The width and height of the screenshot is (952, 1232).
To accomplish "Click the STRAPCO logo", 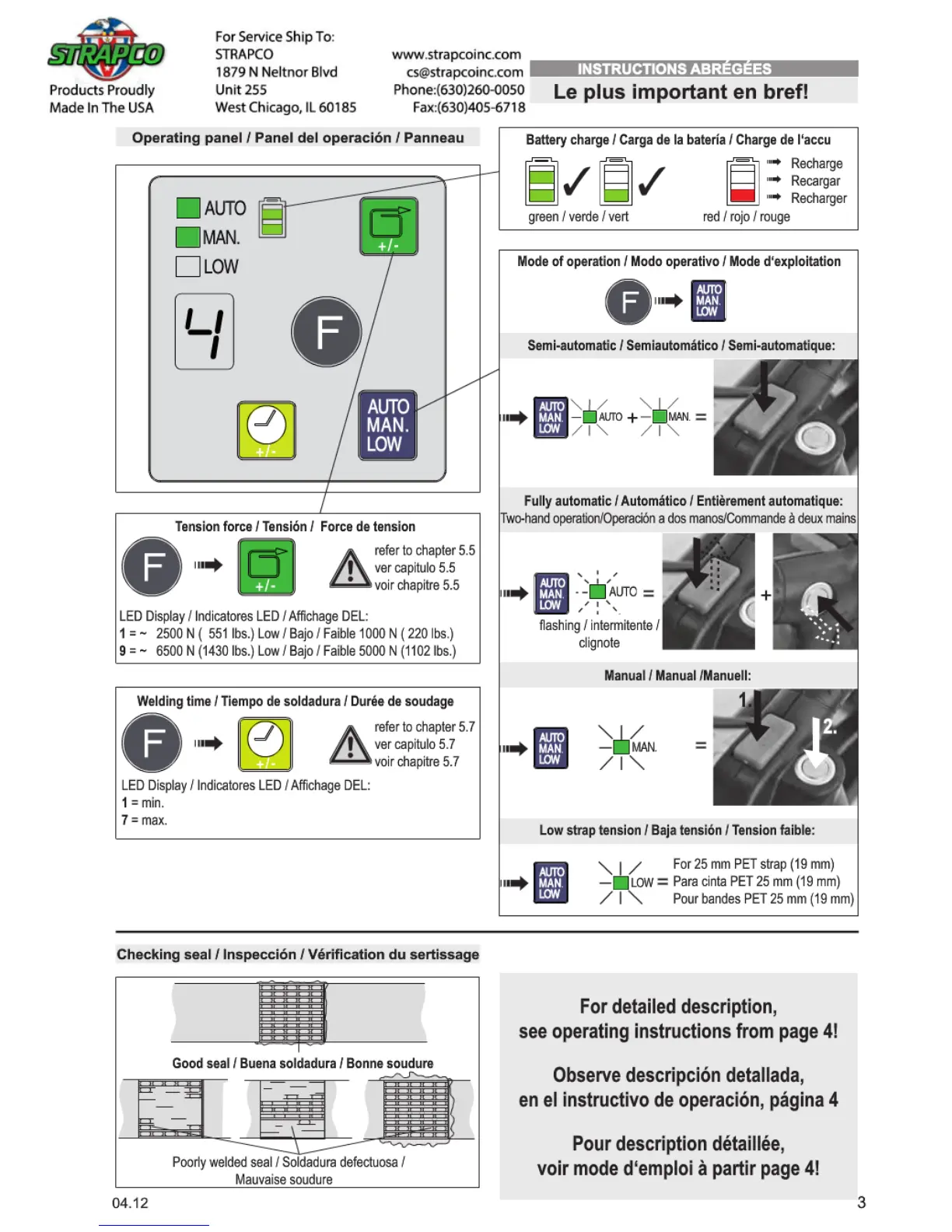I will point(106,51).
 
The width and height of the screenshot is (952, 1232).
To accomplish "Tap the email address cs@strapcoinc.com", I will point(464,72).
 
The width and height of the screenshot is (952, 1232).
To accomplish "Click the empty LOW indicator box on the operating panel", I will point(187,267).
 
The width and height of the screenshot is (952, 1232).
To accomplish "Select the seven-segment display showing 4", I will point(204,331).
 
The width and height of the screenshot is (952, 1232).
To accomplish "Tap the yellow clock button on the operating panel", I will point(266,429).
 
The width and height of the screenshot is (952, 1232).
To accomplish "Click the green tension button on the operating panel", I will point(388,226).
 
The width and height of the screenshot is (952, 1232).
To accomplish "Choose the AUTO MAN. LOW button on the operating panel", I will point(387,425).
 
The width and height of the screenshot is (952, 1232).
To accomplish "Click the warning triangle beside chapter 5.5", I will point(349,568).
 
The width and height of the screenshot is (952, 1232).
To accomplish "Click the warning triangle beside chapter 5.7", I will point(349,744).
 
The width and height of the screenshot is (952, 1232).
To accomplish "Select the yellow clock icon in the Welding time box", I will point(265,744).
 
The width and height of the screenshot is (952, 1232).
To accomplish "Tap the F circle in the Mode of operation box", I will point(628,301).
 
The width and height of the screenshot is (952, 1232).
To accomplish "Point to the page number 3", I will point(861,1202).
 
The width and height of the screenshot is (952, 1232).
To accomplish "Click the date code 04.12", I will point(130,1203).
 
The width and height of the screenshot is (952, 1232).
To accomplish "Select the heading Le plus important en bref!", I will point(681,92).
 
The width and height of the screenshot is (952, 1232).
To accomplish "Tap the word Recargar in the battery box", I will point(815,181).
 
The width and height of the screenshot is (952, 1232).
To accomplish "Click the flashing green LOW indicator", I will point(621,883).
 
